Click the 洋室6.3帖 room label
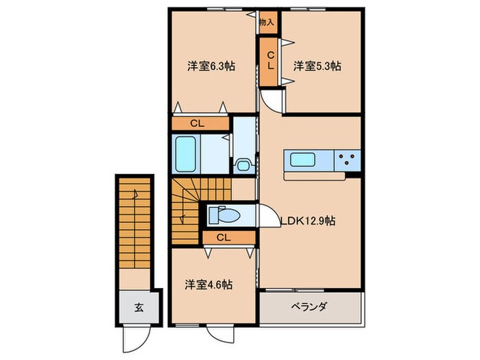[x=212, y=67]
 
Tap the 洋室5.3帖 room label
[x=317, y=67]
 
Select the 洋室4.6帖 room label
[x=208, y=283]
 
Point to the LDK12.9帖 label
[x=307, y=221]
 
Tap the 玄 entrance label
[x=137, y=307]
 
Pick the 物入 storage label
[x=267, y=22]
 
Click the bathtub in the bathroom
[x=187, y=154]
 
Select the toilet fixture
[x=222, y=215]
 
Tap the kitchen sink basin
[x=303, y=160]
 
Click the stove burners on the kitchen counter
[x=348, y=160]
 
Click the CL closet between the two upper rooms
[x=270, y=60]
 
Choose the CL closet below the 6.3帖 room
[x=197, y=124]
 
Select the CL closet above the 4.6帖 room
[x=221, y=237]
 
